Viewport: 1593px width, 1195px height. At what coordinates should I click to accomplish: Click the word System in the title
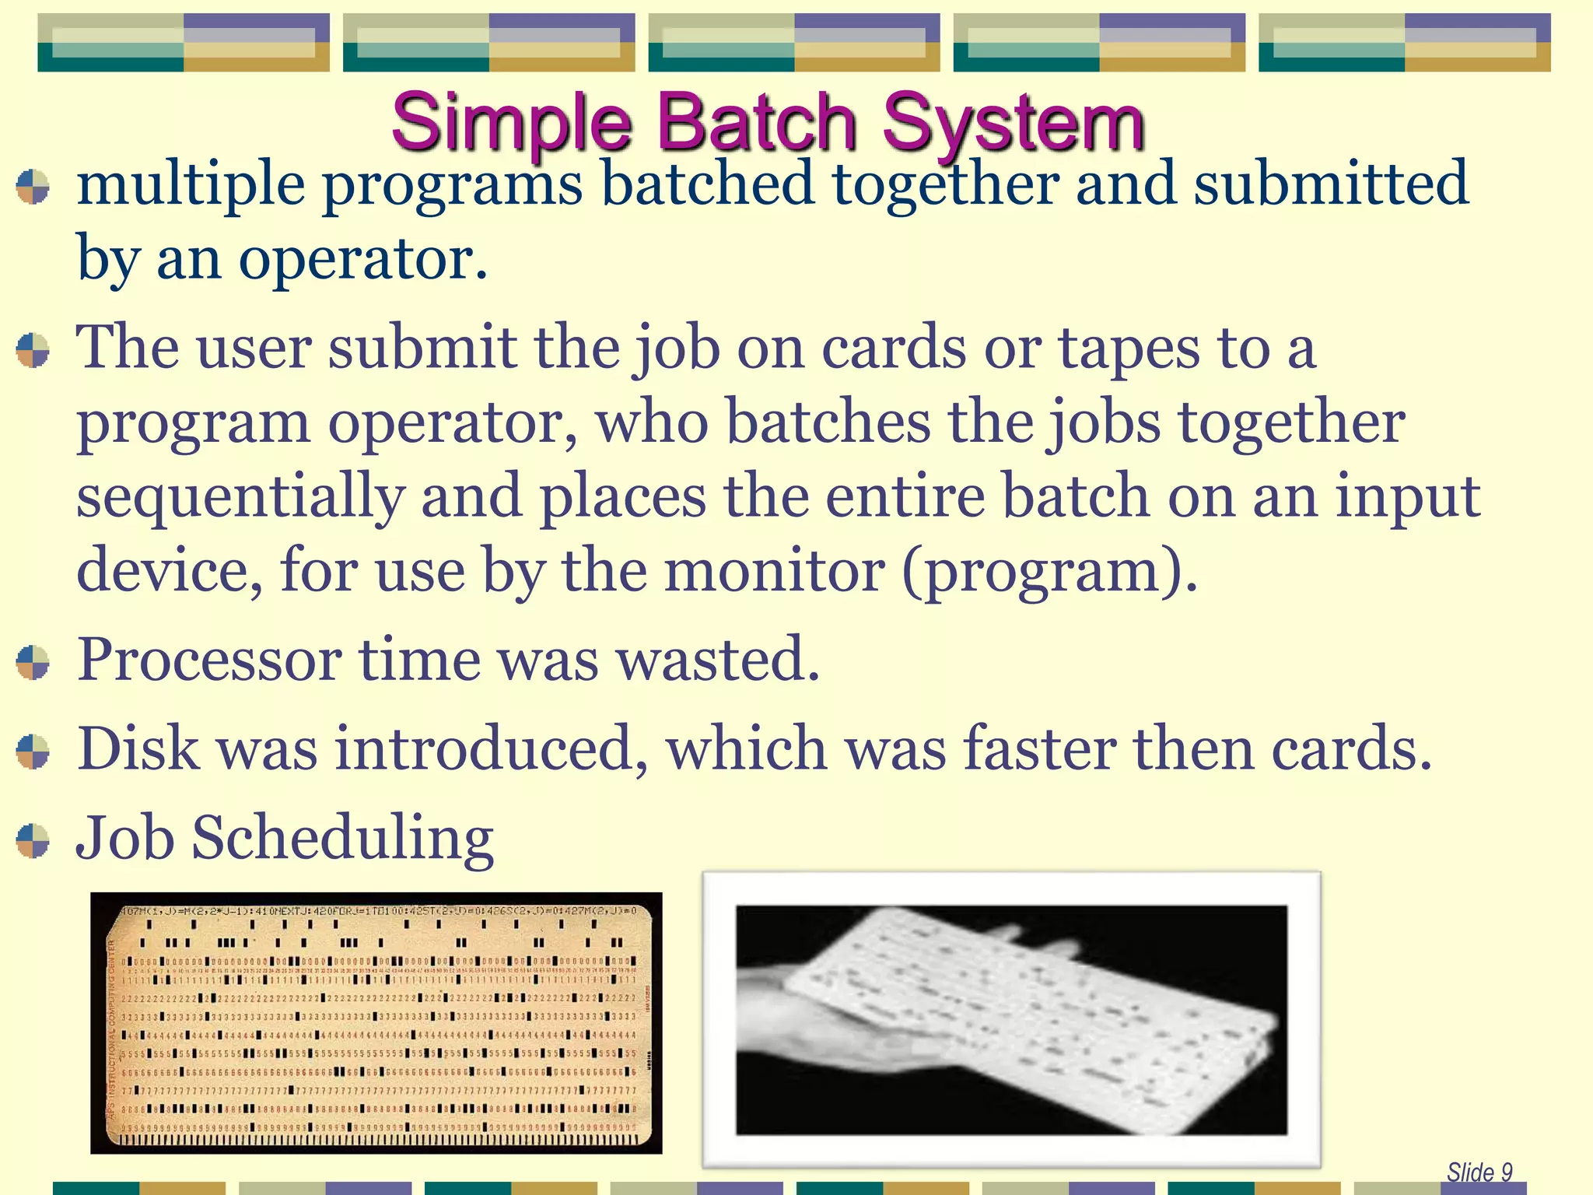click(x=1013, y=122)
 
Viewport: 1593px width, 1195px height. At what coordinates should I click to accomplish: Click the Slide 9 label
click(x=1479, y=1172)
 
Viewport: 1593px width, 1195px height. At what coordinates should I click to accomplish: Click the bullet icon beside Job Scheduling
click(x=33, y=841)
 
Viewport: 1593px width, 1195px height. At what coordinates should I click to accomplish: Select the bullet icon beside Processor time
click(x=33, y=662)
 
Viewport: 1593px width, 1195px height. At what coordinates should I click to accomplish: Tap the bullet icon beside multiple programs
click(x=33, y=187)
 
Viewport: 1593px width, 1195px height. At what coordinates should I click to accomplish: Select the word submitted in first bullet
click(x=1331, y=185)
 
